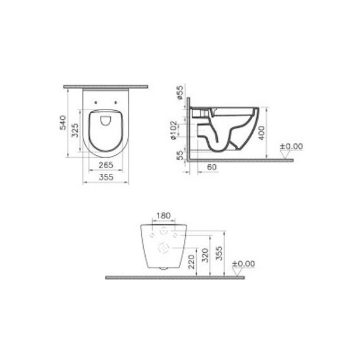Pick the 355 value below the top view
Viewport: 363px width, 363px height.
pos(106,178)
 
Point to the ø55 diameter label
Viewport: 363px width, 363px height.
pos(181,94)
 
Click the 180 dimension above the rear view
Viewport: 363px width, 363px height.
pos(164,216)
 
